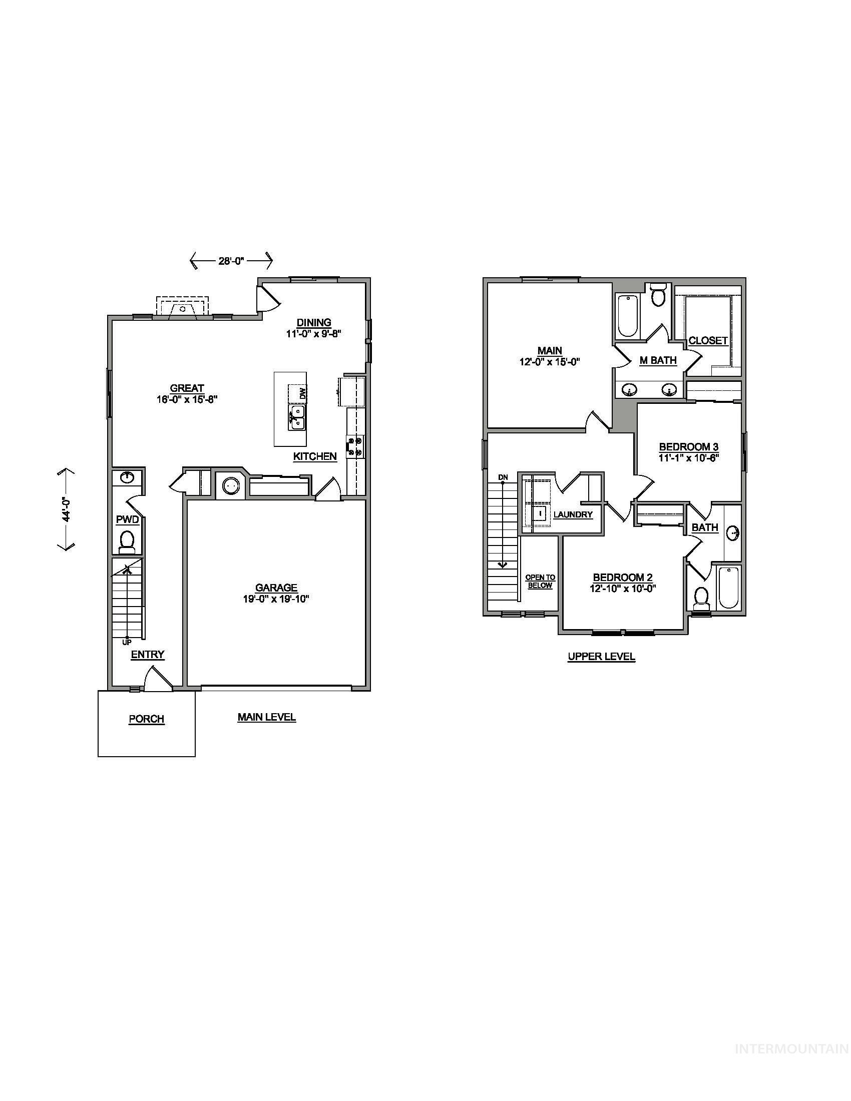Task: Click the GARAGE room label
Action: coord(276,588)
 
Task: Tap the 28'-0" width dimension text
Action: coord(231,261)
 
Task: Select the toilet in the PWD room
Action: coord(127,541)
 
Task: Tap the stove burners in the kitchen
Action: coord(355,446)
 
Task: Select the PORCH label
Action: coord(146,719)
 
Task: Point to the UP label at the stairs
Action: coord(127,642)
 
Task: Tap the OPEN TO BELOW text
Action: coord(540,581)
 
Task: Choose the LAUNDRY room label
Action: coord(573,514)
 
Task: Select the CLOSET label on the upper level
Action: coord(708,340)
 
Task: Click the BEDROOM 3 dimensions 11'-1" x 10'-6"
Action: coord(688,458)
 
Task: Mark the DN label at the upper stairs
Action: coord(503,477)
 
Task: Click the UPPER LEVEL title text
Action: coord(601,657)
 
